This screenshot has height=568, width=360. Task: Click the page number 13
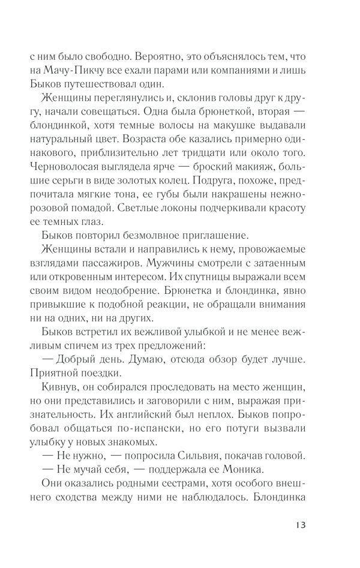coord(301,525)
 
